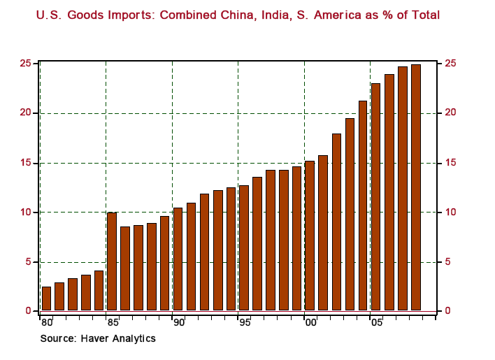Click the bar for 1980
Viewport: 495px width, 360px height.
(x=46, y=298)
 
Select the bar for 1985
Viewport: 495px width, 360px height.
(x=112, y=261)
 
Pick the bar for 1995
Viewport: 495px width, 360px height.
(x=244, y=248)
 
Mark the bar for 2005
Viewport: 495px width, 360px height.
(x=376, y=197)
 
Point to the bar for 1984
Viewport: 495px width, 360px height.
(x=99, y=290)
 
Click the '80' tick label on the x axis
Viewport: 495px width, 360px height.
(x=46, y=323)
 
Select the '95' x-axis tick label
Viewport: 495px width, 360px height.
(x=244, y=323)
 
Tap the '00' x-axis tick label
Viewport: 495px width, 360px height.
(x=310, y=323)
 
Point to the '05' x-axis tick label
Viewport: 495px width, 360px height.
(x=376, y=323)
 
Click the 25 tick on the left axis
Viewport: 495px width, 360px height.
(x=25, y=64)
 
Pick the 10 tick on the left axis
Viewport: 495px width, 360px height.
(x=25, y=213)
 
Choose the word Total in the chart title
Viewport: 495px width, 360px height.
(x=424, y=13)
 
